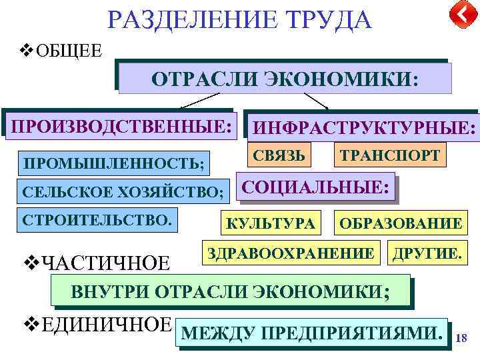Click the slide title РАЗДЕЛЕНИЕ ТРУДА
click(239, 19)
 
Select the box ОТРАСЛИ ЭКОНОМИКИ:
click(285, 79)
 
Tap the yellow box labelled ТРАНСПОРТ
click(390, 155)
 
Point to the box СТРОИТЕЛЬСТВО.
click(97, 219)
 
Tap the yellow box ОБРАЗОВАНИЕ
click(400, 223)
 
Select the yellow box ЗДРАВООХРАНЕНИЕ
click(291, 253)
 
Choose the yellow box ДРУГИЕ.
click(426, 253)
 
